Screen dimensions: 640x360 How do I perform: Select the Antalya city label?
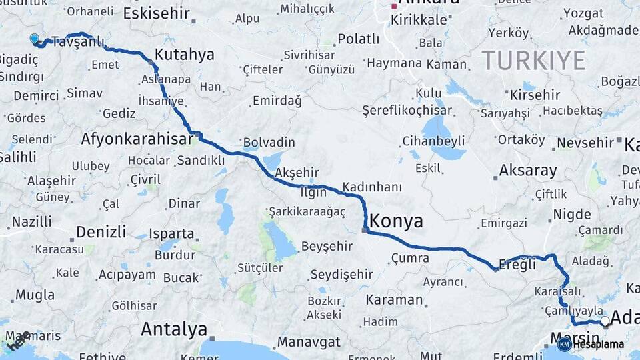[x=173, y=329]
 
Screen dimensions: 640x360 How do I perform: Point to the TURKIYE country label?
[x=533, y=61]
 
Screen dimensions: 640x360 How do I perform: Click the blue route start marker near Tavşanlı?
[x=35, y=39]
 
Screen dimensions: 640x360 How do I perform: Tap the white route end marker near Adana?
[x=605, y=321]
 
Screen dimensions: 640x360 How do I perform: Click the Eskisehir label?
[x=157, y=13]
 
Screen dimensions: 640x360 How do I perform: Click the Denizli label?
[x=101, y=232]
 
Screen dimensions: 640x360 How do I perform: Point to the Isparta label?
[x=171, y=234]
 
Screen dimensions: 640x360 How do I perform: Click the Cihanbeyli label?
[x=433, y=141]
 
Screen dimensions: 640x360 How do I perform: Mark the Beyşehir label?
[x=326, y=247]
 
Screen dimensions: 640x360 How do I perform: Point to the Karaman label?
[x=394, y=299]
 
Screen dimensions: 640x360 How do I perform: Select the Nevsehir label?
[x=585, y=143]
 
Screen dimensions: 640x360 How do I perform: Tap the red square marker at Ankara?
[x=394, y=6]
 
